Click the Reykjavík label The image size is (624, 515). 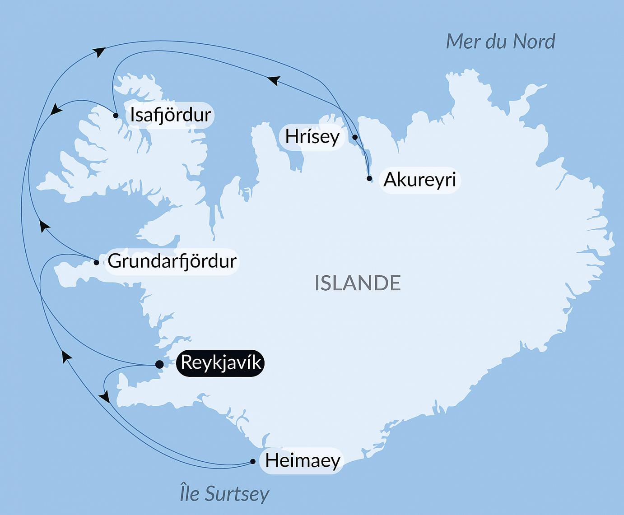[x=220, y=363]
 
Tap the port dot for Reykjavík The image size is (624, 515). [x=159, y=364]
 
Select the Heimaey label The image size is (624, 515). [x=302, y=461]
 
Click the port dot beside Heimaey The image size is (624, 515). [x=253, y=461]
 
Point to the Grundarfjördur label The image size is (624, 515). [x=172, y=261]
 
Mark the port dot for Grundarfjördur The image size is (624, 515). [x=96, y=262]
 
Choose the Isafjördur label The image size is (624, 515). [x=170, y=115]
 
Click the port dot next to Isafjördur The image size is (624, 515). [x=116, y=116]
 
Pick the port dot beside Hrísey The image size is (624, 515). [x=355, y=137]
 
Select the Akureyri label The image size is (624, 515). [x=420, y=180]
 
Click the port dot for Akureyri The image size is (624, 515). [x=369, y=178]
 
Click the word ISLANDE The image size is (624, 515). [x=358, y=283]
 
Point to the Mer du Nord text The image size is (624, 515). [x=500, y=42]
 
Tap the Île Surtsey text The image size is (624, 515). [x=224, y=493]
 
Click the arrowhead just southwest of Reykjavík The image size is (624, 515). [x=105, y=397]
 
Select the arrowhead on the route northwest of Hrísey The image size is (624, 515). [x=274, y=80]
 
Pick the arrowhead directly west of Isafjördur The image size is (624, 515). [x=56, y=110]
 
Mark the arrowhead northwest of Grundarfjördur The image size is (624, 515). [x=43, y=225]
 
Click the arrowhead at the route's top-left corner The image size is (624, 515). [x=100, y=51]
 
